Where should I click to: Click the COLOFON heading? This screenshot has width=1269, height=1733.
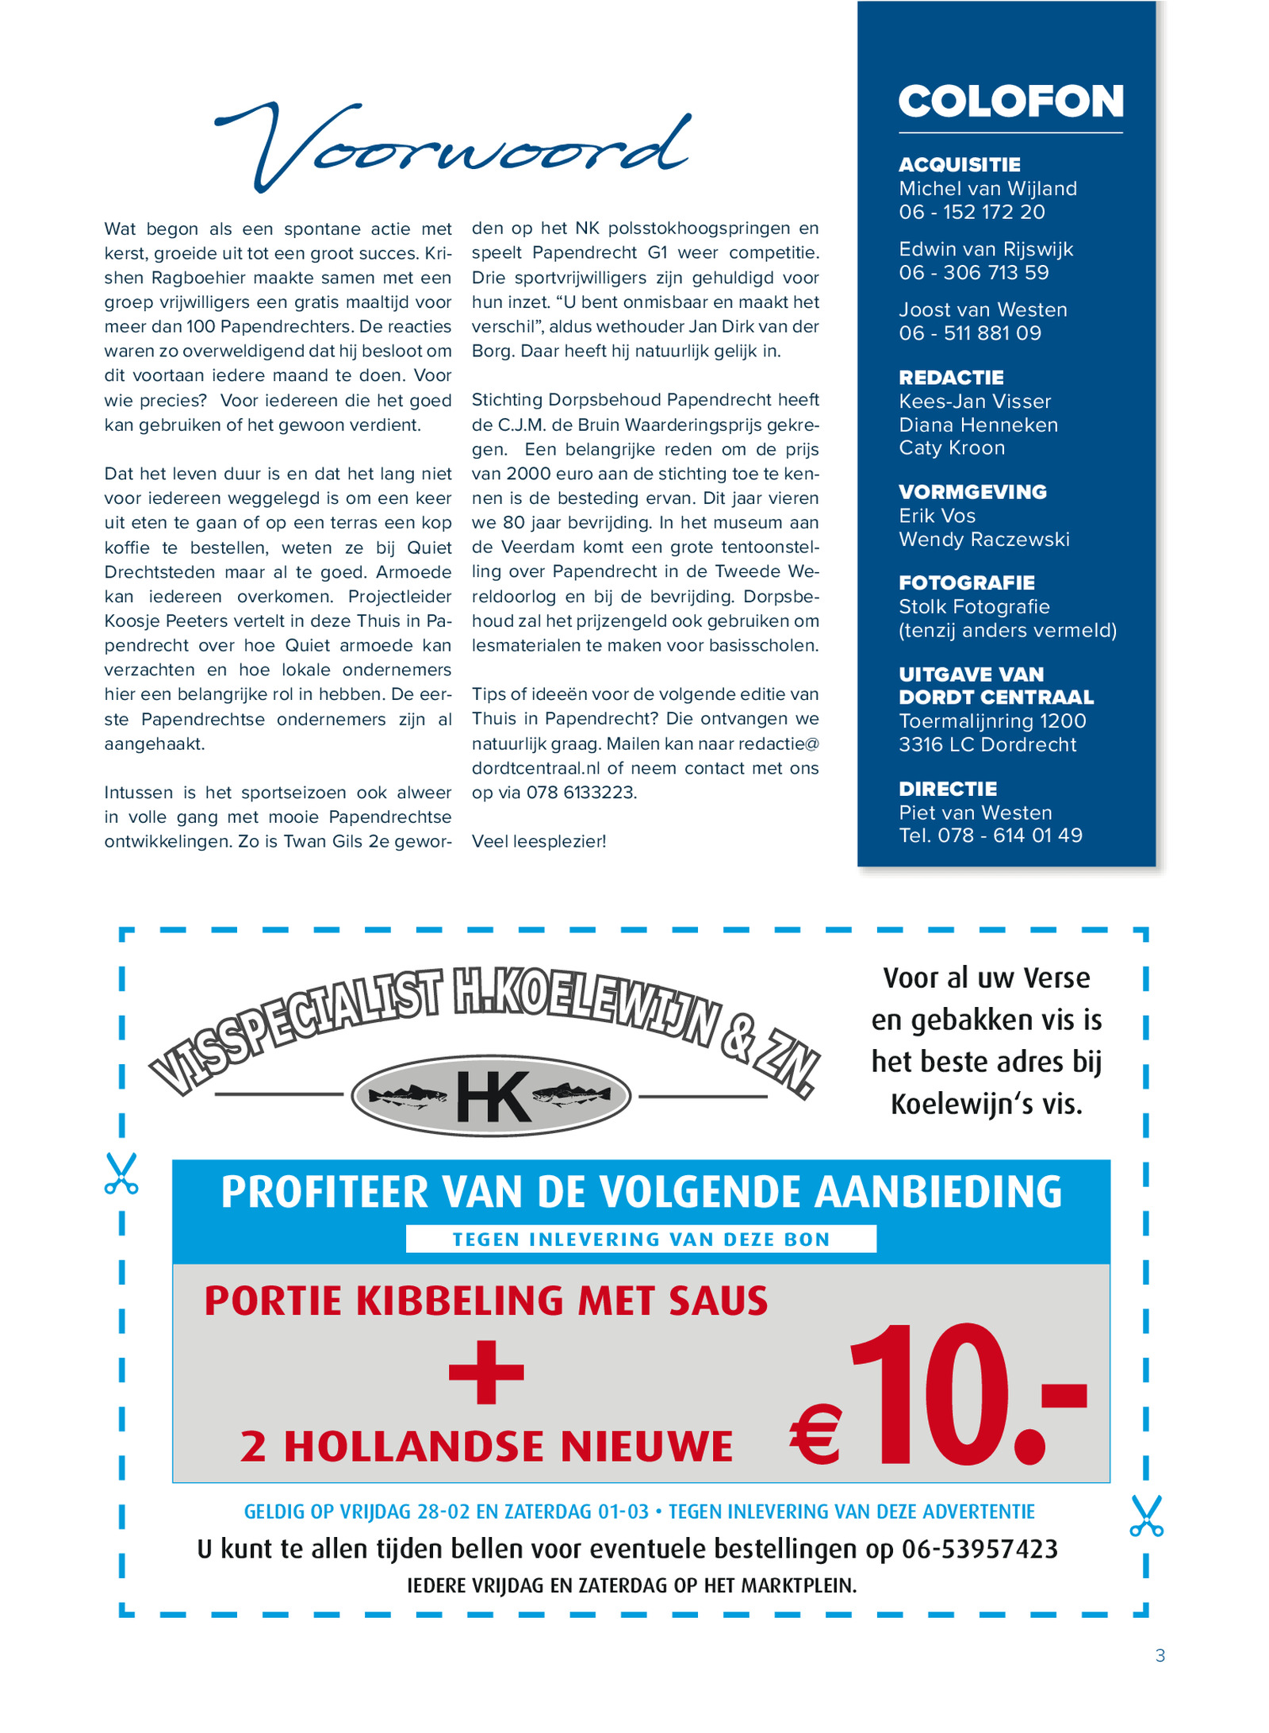(x=1010, y=102)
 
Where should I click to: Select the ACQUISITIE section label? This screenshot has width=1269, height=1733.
(x=959, y=164)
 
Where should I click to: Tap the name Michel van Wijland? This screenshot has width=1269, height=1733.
(x=987, y=188)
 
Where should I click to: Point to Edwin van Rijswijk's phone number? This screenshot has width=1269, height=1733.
(x=973, y=272)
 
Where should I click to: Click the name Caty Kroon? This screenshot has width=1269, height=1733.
(x=951, y=448)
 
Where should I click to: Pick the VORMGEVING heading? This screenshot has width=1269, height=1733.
(x=972, y=492)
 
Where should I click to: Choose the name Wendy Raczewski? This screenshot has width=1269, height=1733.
(x=983, y=540)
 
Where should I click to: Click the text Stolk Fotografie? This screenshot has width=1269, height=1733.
(x=974, y=607)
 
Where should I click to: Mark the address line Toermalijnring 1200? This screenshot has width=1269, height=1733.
(x=991, y=721)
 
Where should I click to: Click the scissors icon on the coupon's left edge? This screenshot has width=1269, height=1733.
(x=121, y=1174)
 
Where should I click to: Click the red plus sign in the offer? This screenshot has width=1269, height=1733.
(x=486, y=1371)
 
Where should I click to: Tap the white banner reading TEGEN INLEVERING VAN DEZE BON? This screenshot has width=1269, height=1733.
(x=640, y=1239)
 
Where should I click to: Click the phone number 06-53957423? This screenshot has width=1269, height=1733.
(x=980, y=1548)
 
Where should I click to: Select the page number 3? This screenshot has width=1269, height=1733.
(x=1160, y=1655)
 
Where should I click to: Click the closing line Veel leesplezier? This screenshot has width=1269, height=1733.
(x=539, y=841)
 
